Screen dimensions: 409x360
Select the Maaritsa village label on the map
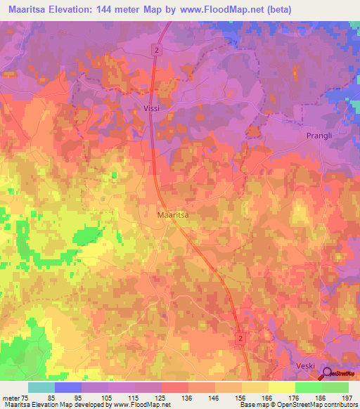point(172,215)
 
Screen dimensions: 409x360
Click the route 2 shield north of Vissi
point(157,48)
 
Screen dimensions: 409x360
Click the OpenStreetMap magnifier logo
point(328,374)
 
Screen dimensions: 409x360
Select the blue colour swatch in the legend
point(67,387)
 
